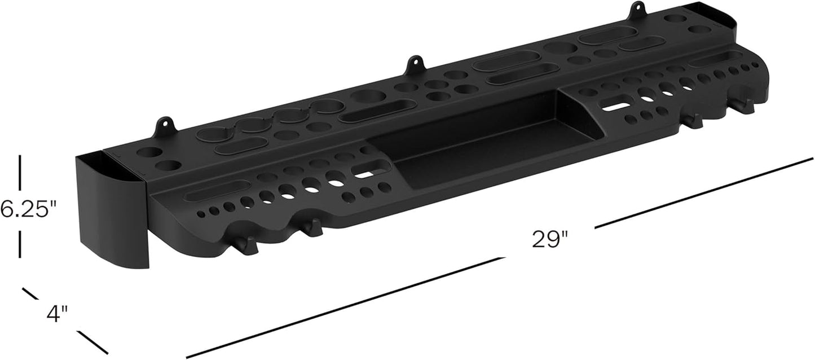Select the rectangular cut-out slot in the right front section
point(616,104)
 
